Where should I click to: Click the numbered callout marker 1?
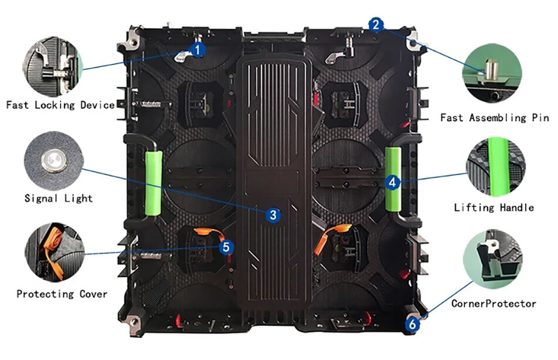(x=198, y=49)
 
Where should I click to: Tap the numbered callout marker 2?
(x=377, y=24)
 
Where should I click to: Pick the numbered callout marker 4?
(x=392, y=182)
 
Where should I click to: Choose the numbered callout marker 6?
(x=413, y=324)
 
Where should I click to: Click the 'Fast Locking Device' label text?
(x=60, y=105)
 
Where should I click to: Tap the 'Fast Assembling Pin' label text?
(x=495, y=117)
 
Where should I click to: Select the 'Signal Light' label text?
(x=58, y=198)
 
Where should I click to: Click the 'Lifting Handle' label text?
(x=494, y=207)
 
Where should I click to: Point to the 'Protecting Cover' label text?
(x=62, y=294)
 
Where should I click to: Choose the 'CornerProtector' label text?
(x=493, y=304)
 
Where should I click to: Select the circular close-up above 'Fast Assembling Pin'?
(x=492, y=75)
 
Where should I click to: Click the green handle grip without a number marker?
(x=153, y=182)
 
